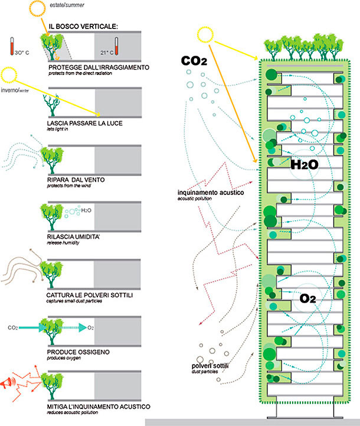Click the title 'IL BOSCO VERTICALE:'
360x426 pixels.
click(x=83, y=27)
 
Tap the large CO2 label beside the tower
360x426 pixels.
click(x=194, y=61)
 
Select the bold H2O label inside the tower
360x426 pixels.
click(x=305, y=165)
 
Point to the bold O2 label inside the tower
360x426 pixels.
click(x=307, y=298)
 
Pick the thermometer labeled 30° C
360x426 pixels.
click(x=12, y=46)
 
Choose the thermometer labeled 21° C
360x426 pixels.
click(x=116, y=46)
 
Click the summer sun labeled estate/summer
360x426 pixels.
click(x=37, y=9)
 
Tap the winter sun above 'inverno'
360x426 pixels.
click(x=8, y=75)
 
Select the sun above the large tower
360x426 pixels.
click(x=205, y=35)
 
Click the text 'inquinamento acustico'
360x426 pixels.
click(x=211, y=193)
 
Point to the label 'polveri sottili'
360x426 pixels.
click(x=210, y=366)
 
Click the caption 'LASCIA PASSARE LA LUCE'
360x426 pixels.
click(x=84, y=123)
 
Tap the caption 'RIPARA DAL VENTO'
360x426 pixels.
click(x=76, y=180)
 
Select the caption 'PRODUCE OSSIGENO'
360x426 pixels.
click(x=78, y=352)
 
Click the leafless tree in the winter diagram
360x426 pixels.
click(x=51, y=105)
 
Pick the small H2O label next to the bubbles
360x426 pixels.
click(x=86, y=210)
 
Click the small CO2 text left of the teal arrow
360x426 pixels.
click(x=13, y=328)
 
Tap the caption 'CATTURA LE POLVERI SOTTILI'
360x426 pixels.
click(x=90, y=295)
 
